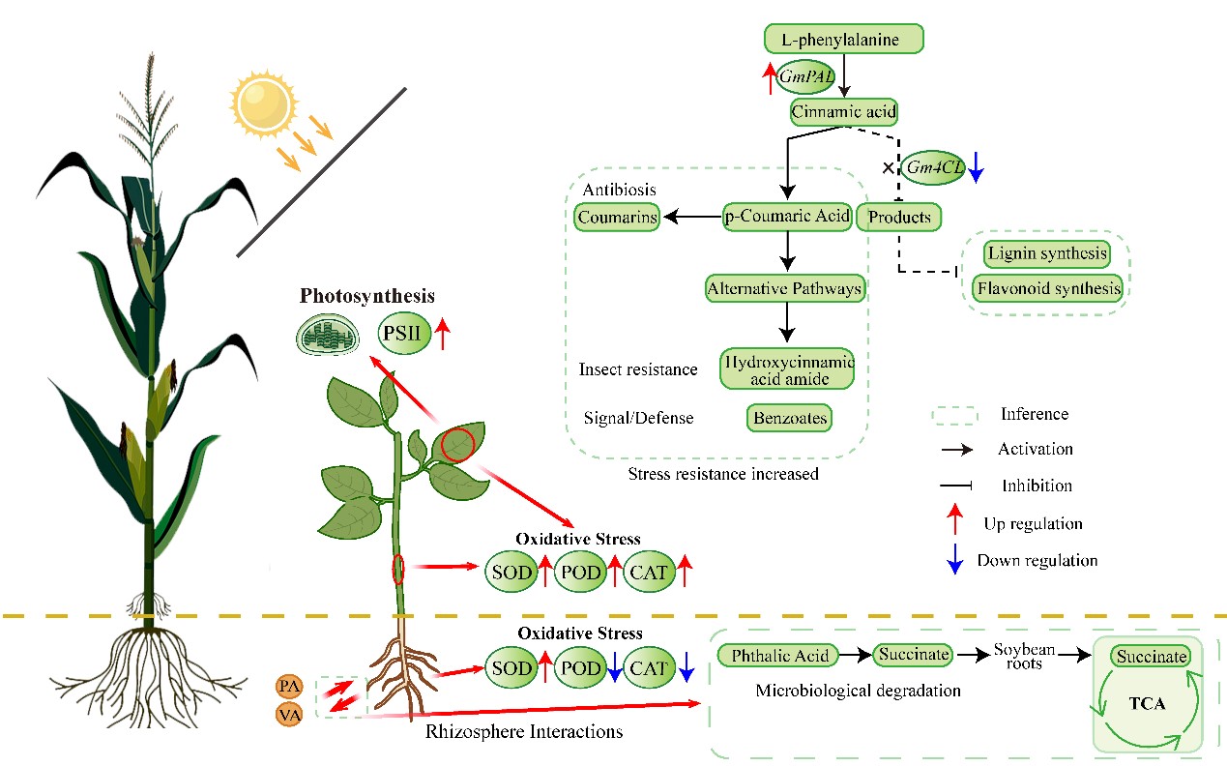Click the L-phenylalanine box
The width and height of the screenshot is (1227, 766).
844,40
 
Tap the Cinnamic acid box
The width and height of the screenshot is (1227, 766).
844,112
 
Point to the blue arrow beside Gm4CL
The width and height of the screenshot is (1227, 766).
976,166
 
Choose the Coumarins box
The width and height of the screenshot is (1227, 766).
617,218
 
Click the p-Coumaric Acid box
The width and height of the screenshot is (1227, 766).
787,217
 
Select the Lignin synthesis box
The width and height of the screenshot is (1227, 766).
1046,254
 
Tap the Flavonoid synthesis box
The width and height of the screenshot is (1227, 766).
1047,288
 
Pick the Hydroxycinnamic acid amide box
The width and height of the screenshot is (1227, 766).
787,368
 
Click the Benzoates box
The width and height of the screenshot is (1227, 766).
789,418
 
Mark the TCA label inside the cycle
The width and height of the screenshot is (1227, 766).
1147,704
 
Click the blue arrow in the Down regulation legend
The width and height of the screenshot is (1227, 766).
955,560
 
